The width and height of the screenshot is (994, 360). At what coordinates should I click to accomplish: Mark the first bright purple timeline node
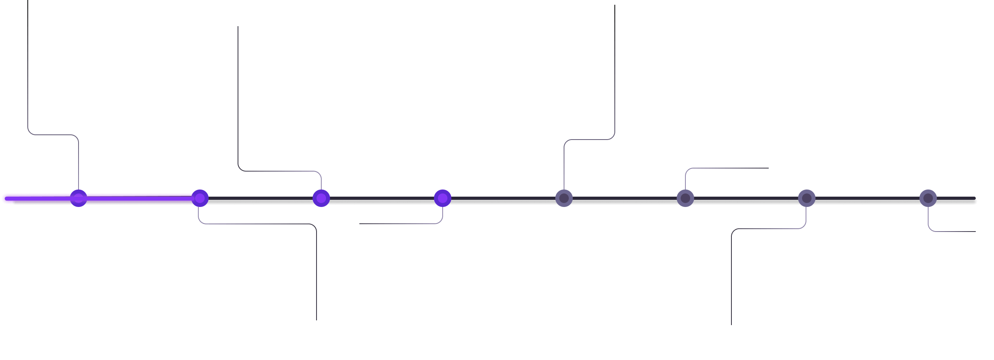pyautogui.click(x=79, y=198)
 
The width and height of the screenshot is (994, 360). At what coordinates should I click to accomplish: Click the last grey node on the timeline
pyautogui.click(x=928, y=198)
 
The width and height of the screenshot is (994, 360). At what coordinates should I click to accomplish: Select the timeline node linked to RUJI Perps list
pyautogui.click(x=442, y=198)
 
